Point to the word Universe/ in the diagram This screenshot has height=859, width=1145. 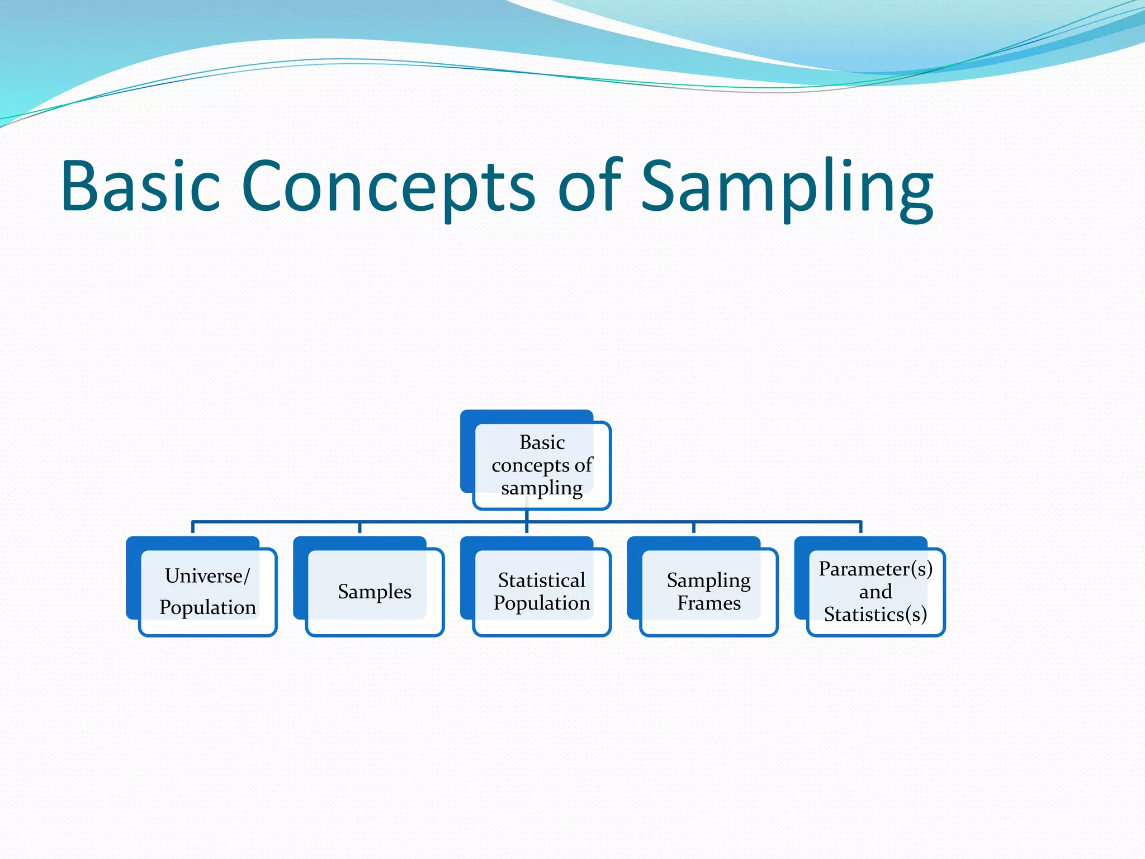click(207, 575)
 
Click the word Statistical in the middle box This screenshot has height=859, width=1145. click(541, 580)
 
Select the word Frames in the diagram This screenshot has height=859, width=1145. click(708, 603)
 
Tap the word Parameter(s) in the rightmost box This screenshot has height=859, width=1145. click(876, 569)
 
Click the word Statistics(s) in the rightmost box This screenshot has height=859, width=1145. click(876, 614)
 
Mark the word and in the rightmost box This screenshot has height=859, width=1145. click(876, 592)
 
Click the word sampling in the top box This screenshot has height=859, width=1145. click(541, 488)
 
